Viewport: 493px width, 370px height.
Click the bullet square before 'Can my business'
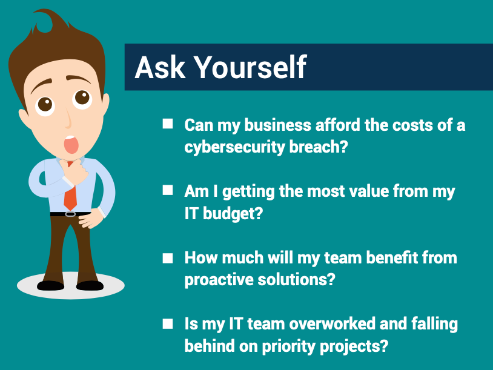pyautogui.click(x=168, y=124)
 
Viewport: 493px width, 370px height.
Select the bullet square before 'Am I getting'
pyautogui.click(x=168, y=190)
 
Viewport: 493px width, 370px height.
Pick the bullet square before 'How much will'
pyautogui.click(x=168, y=258)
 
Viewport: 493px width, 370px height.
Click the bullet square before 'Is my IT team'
pyautogui.click(x=168, y=324)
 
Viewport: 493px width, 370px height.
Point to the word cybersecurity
pyautogui.click(x=234, y=147)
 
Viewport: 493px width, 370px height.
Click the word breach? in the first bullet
pyautogui.click(x=319, y=147)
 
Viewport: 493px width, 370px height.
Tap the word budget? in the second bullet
pyautogui.click(x=233, y=214)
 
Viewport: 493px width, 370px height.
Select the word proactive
pyautogui.click(x=219, y=280)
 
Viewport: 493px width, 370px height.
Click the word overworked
pyautogui.click(x=332, y=324)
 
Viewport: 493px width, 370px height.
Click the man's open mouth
pyautogui.click(x=71, y=145)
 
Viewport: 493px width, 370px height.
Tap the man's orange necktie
pyautogui.click(x=70, y=192)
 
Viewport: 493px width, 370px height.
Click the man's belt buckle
pyautogui.click(x=70, y=214)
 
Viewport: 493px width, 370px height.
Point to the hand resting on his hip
pyautogui.click(x=90, y=219)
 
